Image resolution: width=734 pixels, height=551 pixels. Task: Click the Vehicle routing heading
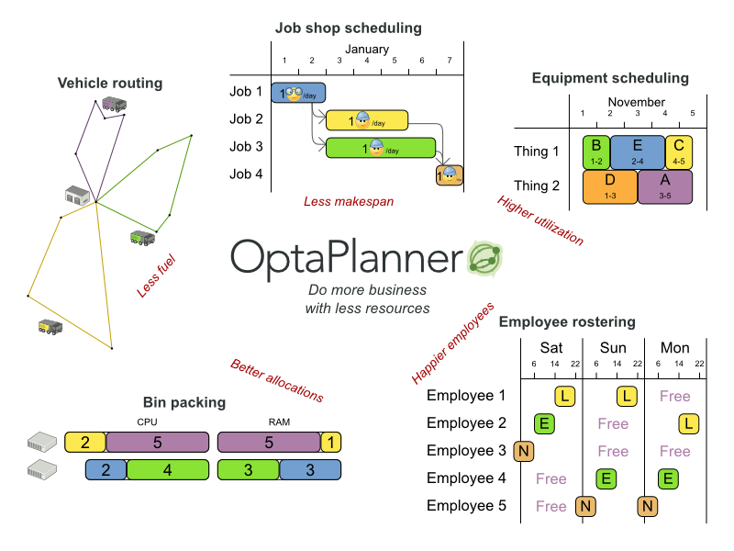(110, 84)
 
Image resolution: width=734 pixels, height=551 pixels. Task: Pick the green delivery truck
(143, 238)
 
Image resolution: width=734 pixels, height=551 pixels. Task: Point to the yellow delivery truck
(50, 326)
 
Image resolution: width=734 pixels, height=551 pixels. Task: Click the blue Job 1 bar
(298, 92)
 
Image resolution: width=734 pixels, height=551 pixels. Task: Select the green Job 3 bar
(381, 147)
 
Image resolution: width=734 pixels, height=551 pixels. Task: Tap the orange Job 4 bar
(449, 174)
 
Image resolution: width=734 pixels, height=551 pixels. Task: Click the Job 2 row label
(246, 119)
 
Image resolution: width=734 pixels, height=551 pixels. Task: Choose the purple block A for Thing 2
(664, 186)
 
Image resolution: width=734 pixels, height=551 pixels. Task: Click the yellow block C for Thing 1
(679, 151)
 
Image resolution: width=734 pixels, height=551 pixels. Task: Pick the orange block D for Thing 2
(610, 186)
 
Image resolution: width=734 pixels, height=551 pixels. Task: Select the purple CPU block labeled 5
(157, 442)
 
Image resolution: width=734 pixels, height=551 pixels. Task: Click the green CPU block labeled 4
(166, 470)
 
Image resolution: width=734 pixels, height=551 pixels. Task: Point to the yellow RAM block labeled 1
(331, 442)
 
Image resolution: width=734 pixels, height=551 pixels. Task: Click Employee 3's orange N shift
(524, 451)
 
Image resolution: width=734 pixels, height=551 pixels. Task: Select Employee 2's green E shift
(545, 423)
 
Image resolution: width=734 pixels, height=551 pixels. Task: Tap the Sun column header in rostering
(613, 348)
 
